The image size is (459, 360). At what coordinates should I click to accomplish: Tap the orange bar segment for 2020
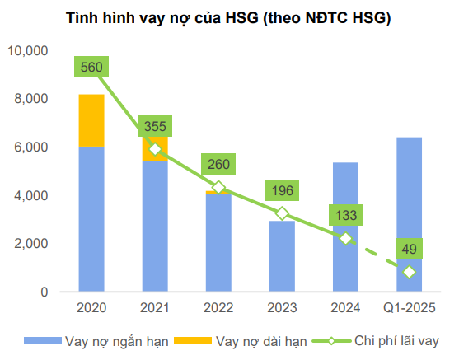click(91, 120)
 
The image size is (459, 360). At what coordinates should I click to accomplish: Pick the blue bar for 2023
click(282, 255)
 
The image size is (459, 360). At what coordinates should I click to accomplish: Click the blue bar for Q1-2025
click(410, 214)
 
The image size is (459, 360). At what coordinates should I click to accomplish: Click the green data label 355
click(154, 126)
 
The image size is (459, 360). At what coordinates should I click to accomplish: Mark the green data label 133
click(345, 216)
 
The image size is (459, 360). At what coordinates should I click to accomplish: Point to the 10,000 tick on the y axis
click(28, 51)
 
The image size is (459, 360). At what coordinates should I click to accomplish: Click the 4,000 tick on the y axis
click(31, 195)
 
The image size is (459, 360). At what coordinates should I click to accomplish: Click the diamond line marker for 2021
click(154, 149)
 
